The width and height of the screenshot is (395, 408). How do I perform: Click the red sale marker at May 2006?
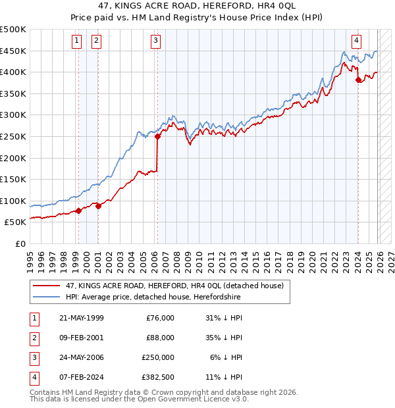click(x=158, y=137)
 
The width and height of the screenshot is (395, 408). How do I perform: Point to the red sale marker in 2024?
click(x=358, y=80)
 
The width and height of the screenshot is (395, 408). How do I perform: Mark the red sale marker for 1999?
click(x=78, y=211)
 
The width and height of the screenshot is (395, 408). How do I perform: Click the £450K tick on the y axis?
click(x=13, y=51)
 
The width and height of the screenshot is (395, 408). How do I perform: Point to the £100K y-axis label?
click(x=13, y=201)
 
